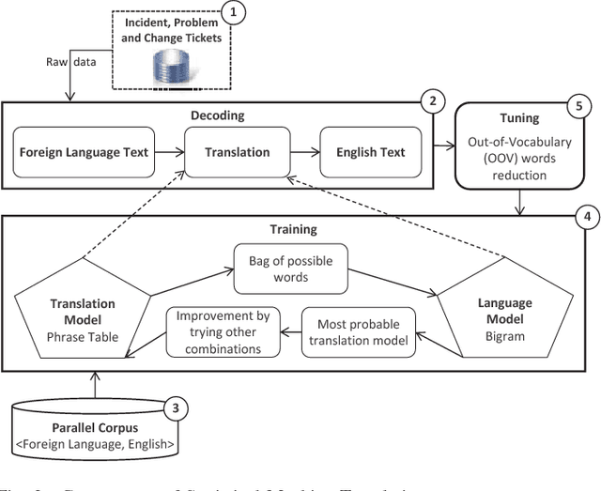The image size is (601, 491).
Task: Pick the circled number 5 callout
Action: tap(576, 105)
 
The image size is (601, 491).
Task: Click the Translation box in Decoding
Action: tap(239, 152)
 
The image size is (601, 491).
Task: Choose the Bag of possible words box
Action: tap(278, 267)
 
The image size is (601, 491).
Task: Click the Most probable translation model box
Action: tap(360, 330)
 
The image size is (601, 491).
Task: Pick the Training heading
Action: tap(294, 228)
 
